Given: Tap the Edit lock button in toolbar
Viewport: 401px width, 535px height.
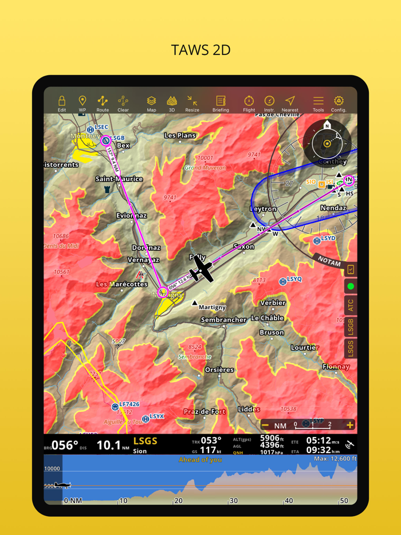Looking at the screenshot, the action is coord(61,103).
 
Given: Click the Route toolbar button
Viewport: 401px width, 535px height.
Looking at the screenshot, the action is coord(103,103).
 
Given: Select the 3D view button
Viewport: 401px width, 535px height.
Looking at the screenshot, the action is coord(171,103).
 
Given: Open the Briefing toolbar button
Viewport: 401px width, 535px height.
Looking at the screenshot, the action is coord(221,103).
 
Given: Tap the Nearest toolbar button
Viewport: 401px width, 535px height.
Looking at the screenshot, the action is coord(290,103).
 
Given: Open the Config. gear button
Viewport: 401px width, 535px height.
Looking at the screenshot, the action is coord(339,103).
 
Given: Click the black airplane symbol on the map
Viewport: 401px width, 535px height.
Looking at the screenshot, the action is coord(201,268).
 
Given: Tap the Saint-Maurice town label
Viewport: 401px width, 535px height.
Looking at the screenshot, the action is coord(119,179).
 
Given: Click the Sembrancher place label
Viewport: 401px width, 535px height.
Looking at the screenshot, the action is coord(223,320).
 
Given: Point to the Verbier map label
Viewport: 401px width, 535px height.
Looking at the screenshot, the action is coord(273,302).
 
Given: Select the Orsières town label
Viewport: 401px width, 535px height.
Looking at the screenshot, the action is coord(219,369).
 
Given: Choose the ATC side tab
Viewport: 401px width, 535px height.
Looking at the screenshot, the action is coord(350,305).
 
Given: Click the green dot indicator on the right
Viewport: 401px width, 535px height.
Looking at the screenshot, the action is coord(351,286).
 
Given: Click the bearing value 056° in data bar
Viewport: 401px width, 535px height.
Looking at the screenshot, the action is coord(64,445).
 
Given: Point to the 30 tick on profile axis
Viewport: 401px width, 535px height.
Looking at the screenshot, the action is coord(233,501).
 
